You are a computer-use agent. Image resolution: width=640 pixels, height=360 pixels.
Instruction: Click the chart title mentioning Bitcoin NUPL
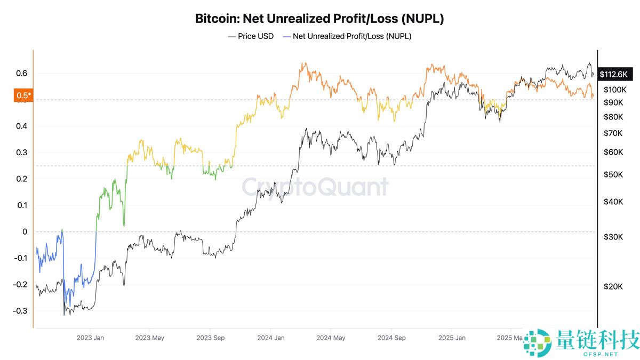click(x=319, y=19)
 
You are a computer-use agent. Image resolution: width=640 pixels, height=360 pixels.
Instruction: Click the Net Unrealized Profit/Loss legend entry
click(x=347, y=36)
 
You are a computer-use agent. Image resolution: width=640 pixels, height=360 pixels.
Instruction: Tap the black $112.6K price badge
click(x=616, y=75)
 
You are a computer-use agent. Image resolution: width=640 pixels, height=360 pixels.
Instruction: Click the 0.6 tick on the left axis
click(x=21, y=73)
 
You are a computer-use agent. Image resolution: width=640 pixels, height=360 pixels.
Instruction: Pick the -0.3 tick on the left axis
click(x=19, y=311)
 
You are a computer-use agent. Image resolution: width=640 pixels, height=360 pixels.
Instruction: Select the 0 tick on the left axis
click(x=24, y=231)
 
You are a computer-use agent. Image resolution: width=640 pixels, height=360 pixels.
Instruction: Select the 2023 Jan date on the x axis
click(x=90, y=338)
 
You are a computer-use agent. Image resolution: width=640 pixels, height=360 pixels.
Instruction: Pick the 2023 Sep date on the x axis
click(x=210, y=338)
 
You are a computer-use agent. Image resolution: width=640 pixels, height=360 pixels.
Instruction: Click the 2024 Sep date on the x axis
click(x=391, y=338)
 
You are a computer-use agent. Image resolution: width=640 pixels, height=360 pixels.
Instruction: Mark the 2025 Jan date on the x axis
click(x=452, y=338)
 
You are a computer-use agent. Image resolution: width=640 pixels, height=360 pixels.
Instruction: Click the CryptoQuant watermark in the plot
click(x=315, y=187)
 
